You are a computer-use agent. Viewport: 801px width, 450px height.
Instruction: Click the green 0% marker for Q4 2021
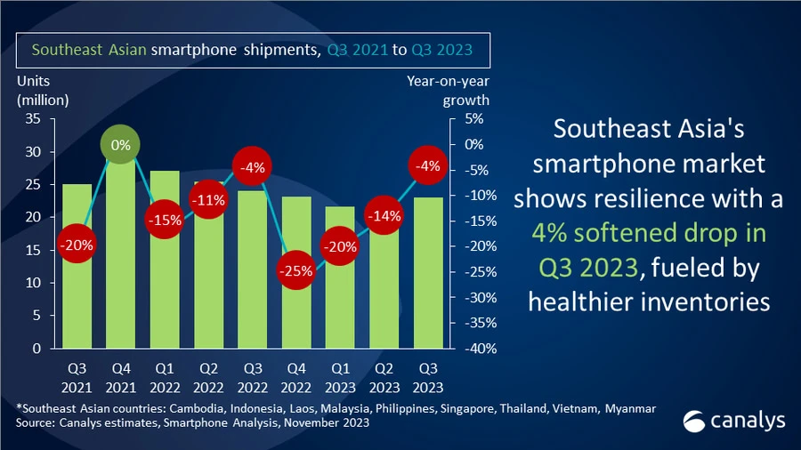click(121, 144)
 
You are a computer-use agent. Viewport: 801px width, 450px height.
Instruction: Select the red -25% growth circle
click(295, 270)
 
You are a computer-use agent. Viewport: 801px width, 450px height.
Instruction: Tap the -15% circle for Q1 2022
click(164, 220)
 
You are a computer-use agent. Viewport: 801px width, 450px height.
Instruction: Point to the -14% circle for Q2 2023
click(382, 215)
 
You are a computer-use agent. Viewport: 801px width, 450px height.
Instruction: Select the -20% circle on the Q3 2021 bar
click(77, 245)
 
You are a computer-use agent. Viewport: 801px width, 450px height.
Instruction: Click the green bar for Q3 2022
click(251, 276)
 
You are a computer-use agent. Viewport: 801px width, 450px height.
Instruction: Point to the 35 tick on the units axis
click(34, 119)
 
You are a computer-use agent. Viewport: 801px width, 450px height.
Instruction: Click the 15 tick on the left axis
click(34, 250)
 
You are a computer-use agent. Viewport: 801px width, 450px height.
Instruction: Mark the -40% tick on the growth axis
click(472, 349)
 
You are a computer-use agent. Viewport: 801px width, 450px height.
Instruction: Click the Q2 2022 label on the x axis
click(207, 379)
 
